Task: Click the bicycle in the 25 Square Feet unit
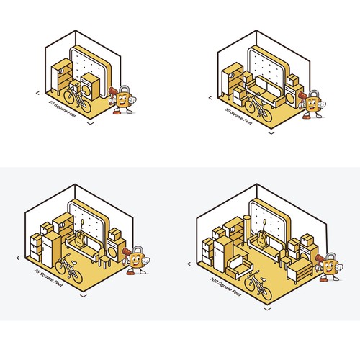77,99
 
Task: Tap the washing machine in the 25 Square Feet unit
90,86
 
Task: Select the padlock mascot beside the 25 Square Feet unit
122,99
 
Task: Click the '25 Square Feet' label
63,109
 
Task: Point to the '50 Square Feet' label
238,116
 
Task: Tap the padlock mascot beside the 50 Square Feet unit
312,104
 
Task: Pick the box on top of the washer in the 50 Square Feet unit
292,80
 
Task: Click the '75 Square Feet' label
49,278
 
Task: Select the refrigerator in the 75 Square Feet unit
51,250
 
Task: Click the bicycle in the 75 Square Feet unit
69,269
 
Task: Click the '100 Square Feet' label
225,287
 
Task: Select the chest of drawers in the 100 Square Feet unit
300,270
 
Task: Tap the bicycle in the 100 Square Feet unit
258,285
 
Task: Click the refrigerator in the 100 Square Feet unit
223,254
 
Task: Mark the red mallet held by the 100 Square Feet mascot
319,261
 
